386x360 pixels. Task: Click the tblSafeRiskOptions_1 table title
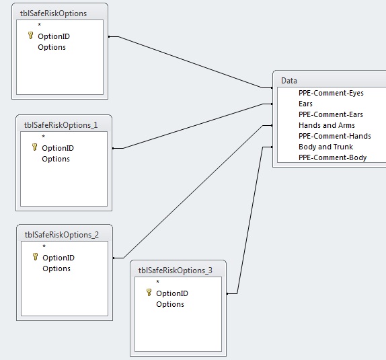(61, 125)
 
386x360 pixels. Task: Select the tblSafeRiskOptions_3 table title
(176, 271)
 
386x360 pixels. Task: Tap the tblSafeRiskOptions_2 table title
(62, 235)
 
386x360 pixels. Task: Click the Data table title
(289, 81)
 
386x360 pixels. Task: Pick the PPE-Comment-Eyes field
(331, 93)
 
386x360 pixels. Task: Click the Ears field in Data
(305, 104)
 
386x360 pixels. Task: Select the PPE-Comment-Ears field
(331, 114)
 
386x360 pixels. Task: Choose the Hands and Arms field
(327, 125)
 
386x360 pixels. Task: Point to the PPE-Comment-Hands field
(334, 136)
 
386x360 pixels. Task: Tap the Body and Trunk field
(325, 147)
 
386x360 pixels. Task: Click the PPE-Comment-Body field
(333, 157)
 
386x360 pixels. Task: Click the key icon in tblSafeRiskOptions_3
(149, 293)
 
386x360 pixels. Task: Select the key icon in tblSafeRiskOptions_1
(35, 147)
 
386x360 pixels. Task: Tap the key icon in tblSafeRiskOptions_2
(36, 257)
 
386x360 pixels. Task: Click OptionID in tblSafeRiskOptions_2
(59, 258)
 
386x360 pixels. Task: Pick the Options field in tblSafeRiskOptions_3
(170, 304)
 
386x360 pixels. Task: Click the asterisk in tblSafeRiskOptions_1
(44, 137)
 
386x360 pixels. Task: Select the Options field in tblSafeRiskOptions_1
(56, 159)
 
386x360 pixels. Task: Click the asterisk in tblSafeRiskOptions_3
(158, 282)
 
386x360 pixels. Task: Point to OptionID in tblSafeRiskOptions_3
(172, 293)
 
